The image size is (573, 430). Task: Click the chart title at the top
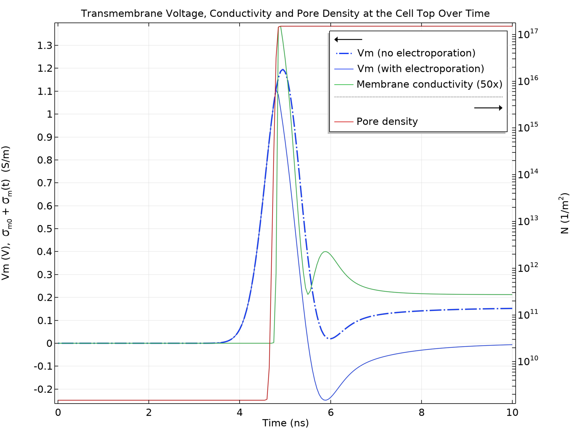coord(285,13)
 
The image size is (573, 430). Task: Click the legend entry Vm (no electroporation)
coord(416,53)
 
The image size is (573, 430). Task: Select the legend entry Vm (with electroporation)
coord(420,69)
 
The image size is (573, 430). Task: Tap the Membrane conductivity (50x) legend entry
coord(429,84)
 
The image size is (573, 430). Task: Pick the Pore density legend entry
coord(387,121)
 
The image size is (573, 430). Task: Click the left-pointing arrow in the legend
coord(348,39)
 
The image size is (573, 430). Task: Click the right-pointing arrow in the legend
coord(488,108)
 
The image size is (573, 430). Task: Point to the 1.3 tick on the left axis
coord(44,46)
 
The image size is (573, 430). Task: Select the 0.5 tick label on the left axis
coord(44,229)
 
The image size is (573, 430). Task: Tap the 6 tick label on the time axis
coord(330,413)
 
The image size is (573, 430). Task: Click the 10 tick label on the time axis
coord(512,413)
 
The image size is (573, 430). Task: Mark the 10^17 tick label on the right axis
coord(528,34)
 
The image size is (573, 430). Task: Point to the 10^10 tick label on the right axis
coord(528,361)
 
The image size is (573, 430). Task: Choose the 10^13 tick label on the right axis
coord(528,221)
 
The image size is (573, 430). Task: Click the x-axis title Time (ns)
coord(285,423)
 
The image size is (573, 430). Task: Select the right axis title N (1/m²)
coord(564,213)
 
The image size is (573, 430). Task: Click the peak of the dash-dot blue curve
coord(282,70)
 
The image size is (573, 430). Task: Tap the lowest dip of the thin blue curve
coord(326,400)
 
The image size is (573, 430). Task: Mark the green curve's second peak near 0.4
coord(325,252)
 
